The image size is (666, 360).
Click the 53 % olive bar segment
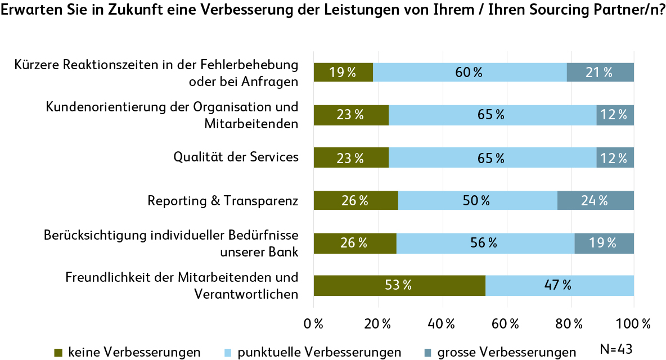[x=399, y=286]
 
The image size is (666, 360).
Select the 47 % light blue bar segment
[x=560, y=286]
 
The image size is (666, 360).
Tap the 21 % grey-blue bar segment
[x=600, y=72]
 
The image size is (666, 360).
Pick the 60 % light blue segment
[x=470, y=72]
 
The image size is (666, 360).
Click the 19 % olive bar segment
[x=343, y=72]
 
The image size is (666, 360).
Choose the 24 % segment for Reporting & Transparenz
[x=596, y=200]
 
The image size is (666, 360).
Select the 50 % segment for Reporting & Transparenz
[x=478, y=200]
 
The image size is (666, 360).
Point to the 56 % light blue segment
[x=485, y=243]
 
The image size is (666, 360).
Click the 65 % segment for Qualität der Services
[x=492, y=158]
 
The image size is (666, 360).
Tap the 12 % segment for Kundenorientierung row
[x=615, y=115]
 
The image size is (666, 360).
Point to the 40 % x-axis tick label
[x=442, y=324]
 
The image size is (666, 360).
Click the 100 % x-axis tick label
[x=634, y=324]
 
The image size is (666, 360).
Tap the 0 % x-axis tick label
[x=313, y=324]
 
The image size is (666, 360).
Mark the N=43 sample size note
[x=616, y=349]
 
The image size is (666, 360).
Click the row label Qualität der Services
[x=236, y=157]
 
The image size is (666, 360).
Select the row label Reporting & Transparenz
[x=223, y=200]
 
